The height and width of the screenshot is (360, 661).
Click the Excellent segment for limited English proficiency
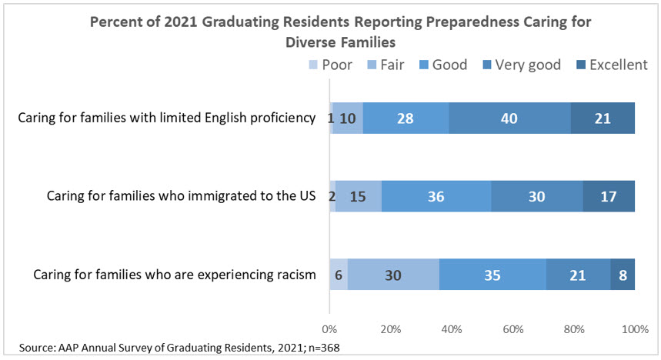(x=603, y=118)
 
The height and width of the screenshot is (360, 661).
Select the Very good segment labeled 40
(x=509, y=118)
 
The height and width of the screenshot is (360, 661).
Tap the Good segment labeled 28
(x=406, y=118)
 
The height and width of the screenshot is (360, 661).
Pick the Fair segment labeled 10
(x=347, y=118)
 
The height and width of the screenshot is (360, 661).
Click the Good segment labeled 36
(x=436, y=196)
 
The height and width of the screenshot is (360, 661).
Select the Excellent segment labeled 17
(x=609, y=196)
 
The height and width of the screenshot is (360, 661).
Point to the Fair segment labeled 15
(x=358, y=196)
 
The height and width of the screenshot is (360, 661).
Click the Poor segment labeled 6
(x=339, y=275)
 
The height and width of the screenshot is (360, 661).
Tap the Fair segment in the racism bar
(x=393, y=275)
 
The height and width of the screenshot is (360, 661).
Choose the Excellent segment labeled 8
(x=623, y=275)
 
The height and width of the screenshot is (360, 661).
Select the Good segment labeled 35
(x=492, y=275)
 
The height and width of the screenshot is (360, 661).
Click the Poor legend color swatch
(x=312, y=65)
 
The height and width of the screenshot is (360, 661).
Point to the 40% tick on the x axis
(x=452, y=329)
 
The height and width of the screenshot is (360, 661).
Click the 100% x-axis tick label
(x=634, y=329)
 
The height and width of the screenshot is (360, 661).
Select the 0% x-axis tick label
(x=330, y=329)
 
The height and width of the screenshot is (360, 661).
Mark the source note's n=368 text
(x=321, y=348)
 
